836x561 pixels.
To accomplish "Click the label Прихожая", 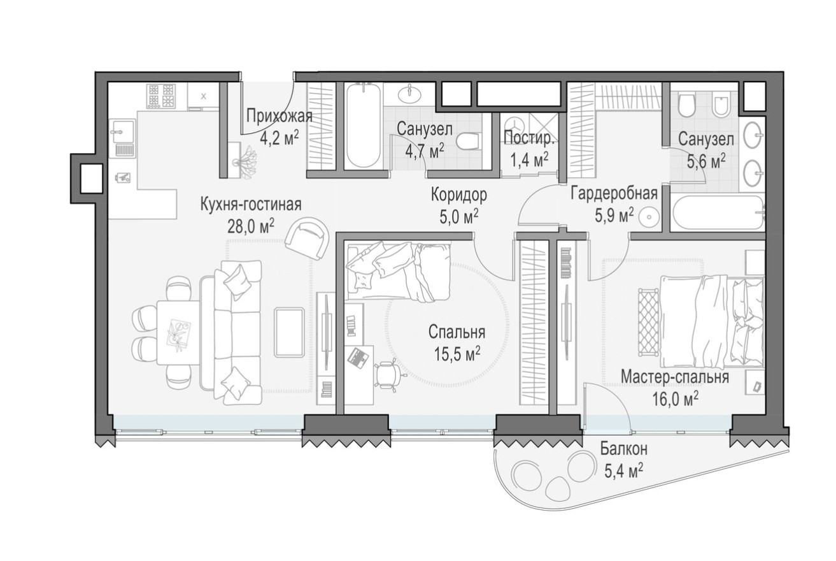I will pyautogui.click(x=279, y=116).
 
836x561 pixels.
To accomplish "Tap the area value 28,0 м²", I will pyautogui.click(x=250, y=224).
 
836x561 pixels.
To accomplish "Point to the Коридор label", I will pyautogui.click(x=458, y=194).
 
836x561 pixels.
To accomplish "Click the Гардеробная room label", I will pyautogui.click(x=613, y=194).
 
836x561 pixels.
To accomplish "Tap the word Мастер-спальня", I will pyautogui.click(x=674, y=377).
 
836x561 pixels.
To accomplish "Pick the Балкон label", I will pyautogui.click(x=623, y=449).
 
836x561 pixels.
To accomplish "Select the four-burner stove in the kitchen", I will pyautogui.click(x=160, y=96).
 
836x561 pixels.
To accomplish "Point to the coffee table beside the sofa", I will pyautogui.click(x=289, y=331).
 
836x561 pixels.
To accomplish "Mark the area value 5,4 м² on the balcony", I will pyautogui.click(x=623, y=470).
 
